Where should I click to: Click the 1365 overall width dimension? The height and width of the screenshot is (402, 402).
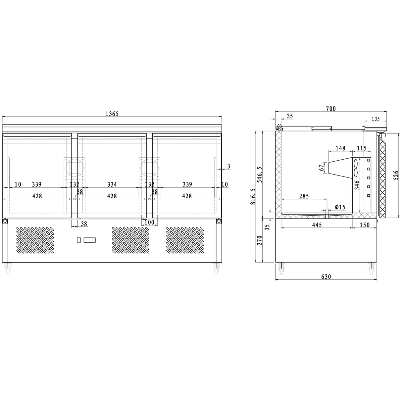(112, 114)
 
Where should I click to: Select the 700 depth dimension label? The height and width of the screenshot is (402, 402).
(330, 109)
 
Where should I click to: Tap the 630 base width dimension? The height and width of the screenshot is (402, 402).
(326, 277)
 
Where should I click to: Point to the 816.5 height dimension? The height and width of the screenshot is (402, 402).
(253, 197)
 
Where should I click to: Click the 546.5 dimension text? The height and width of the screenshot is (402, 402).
(260, 175)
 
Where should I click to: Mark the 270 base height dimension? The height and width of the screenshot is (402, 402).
(260, 240)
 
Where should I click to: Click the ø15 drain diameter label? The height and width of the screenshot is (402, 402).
(340, 207)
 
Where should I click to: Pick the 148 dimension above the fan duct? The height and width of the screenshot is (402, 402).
(340, 148)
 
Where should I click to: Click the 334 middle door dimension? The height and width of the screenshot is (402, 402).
(112, 184)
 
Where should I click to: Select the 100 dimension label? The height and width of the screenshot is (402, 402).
(149, 223)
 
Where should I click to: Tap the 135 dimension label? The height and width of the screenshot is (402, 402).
(376, 119)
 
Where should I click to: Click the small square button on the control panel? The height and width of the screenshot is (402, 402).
(79, 240)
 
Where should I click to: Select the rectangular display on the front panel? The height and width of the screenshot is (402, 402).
(90, 240)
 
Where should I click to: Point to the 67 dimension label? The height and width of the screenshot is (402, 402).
(321, 168)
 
